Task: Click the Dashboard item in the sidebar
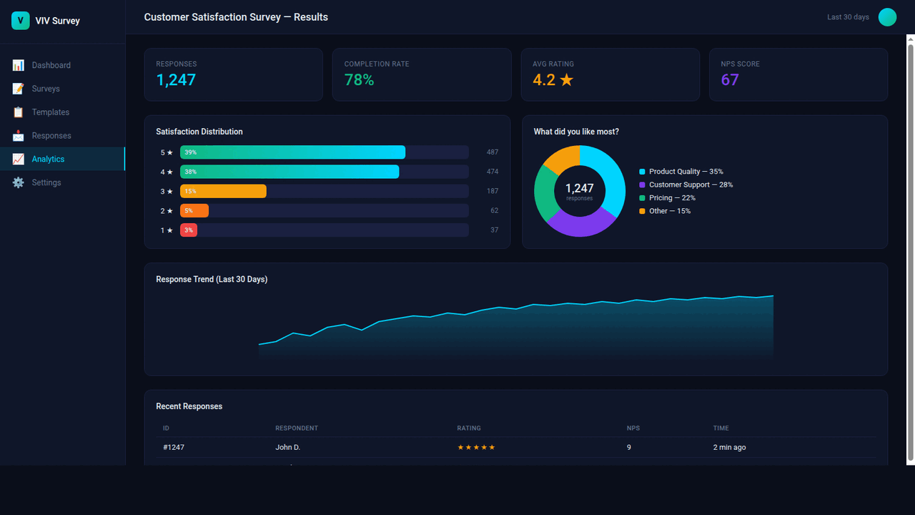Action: [x=51, y=65]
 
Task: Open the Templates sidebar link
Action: [x=50, y=112]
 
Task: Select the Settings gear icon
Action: [x=18, y=182]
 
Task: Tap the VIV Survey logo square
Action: [x=20, y=21]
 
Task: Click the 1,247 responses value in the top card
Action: [x=176, y=80]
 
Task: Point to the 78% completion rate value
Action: [x=359, y=80]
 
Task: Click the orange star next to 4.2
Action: [x=566, y=80]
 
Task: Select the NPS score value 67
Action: [x=729, y=80]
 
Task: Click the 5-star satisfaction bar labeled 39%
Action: [x=292, y=152]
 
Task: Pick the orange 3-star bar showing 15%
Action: [x=223, y=191]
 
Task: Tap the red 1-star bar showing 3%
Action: [x=189, y=230]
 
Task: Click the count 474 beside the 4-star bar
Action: [x=492, y=172]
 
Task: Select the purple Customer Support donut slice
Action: [x=580, y=223]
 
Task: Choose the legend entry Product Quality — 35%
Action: [x=685, y=172]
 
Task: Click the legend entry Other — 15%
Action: [x=669, y=211]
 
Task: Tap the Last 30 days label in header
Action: [x=848, y=17]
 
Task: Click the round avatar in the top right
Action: [x=887, y=17]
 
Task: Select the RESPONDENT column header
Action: [x=297, y=428]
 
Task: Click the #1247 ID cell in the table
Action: [x=174, y=447]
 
